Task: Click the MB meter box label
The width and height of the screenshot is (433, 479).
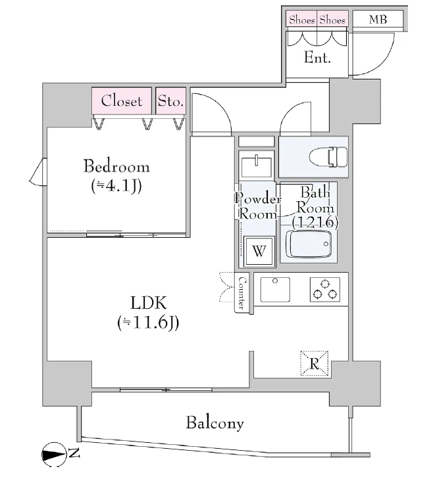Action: tap(378, 19)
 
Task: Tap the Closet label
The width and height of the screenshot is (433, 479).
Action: tap(122, 101)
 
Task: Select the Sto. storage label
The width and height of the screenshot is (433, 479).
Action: tap(170, 101)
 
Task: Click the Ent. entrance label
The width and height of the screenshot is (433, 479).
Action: tap(317, 57)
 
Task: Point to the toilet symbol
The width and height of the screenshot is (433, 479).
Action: tap(328, 157)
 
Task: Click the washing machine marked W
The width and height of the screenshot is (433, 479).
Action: tap(259, 251)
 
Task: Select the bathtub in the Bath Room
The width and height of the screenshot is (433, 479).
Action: tap(309, 244)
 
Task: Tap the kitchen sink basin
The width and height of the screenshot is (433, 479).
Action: tap(275, 289)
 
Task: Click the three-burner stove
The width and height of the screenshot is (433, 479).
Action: tap(324, 289)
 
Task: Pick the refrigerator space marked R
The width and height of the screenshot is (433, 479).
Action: tap(315, 363)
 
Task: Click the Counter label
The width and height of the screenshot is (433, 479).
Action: tap(242, 293)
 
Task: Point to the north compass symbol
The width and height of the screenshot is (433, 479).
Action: tap(54, 455)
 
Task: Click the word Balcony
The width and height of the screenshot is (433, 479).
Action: tap(215, 422)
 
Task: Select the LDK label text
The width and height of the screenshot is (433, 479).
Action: tap(149, 303)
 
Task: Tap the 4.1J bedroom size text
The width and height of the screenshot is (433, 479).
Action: tap(116, 186)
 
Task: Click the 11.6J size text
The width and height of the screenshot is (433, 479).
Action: tap(148, 323)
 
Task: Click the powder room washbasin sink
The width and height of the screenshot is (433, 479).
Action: tap(256, 167)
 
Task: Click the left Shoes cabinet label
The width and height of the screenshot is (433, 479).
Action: tap(302, 20)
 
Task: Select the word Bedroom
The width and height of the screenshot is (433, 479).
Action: tap(116, 166)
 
